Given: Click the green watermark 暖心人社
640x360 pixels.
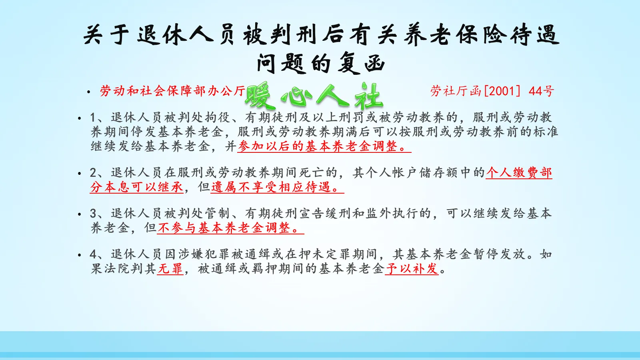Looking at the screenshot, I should tap(314, 96).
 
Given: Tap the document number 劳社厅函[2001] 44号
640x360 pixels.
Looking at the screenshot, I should tap(492, 91).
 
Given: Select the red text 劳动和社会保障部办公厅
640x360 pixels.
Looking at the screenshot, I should tap(172, 91).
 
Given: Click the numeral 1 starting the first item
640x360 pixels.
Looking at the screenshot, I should tap(93, 118).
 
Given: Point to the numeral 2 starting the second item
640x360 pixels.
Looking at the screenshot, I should tap(93, 173).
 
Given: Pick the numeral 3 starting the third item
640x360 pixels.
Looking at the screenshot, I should tap(93, 214).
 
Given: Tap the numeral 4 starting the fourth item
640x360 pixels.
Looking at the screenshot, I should tap(93, 254).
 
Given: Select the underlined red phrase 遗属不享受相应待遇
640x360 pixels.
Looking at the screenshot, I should tap(276, 187).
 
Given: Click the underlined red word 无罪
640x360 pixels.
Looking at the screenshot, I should tap(170, 269).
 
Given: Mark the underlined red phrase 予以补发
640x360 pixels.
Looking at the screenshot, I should tap(412, 269).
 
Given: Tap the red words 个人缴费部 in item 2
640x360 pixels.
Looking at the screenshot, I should tap(519, 173).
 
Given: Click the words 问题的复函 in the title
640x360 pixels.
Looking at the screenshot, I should tap(320, 63).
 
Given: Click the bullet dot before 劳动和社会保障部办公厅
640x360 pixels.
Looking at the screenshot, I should tap(89, 92).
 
